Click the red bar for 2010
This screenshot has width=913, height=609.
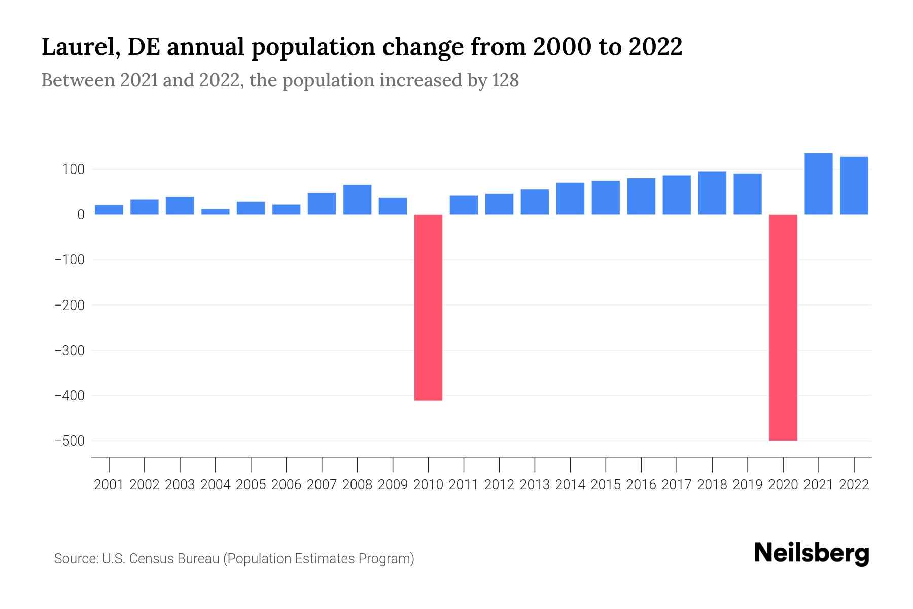point(428,307)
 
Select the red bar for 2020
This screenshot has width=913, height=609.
point(783,327)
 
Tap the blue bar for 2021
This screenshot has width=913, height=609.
point(818,184)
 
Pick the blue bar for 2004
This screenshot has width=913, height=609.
point(215,212)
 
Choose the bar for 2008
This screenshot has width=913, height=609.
point(357,199)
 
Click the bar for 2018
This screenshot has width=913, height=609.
point(712,193)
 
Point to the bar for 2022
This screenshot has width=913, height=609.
point(854,185)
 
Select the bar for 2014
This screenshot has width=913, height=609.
point(570,198)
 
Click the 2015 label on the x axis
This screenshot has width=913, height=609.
point(606,485)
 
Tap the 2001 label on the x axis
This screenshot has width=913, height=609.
point(109,485)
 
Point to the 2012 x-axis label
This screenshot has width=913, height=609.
point(499,485)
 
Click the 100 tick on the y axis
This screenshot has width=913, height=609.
point(73,170)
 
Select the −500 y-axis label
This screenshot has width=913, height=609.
point(69,441)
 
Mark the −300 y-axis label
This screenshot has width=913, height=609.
point(69,351)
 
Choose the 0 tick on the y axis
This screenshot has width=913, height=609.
point(81,215)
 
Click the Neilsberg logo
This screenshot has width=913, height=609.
point(812,553)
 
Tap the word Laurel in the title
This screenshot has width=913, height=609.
point(80,47)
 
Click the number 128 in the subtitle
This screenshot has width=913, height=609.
point(505,81)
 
